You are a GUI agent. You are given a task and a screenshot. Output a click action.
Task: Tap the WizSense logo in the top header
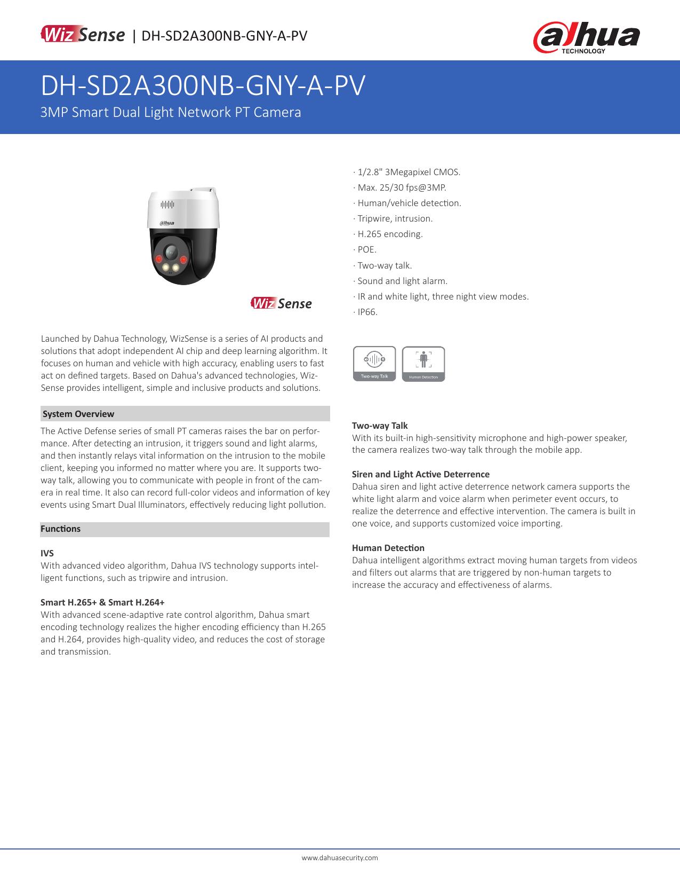(82, 35)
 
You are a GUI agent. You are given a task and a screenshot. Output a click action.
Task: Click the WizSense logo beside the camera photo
(281, 303)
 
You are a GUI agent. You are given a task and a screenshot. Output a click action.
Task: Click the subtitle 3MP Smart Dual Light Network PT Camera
(171, 112)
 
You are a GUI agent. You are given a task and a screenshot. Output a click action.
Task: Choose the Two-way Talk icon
(374, 363)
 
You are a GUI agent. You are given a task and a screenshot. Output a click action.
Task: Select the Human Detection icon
(423, 364)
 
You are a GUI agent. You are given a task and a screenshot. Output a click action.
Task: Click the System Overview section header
(78, 414)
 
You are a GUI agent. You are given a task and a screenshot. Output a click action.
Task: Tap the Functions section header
(61, 529)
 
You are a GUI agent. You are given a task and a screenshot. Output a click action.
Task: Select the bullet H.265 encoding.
(389, 234)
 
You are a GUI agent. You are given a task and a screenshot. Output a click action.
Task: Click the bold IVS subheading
(47, 553)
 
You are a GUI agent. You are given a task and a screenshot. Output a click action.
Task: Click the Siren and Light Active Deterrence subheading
(420, 474)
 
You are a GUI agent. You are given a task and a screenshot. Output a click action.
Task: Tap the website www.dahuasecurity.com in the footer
(340, 858)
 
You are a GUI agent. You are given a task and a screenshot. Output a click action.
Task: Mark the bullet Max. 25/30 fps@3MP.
(401, 187)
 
